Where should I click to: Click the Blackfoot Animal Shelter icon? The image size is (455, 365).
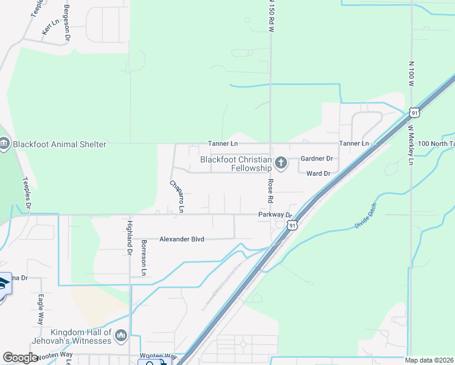click(4, 144)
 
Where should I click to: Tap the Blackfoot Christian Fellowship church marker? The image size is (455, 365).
click(280, 162)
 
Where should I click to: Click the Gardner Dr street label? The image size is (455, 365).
click(317, 158)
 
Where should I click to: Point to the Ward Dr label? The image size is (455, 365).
click(318, 173)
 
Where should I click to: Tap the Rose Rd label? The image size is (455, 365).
click(269, 191)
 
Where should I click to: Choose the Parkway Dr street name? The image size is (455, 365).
click(274, 215)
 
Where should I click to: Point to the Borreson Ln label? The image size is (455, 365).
click(144, 258)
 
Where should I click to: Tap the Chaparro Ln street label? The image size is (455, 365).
click(176, 196)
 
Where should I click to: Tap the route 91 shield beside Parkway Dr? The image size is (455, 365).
click(293, 226)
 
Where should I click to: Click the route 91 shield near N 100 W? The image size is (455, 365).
click(414, 113)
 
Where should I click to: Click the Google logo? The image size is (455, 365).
click(21, 358)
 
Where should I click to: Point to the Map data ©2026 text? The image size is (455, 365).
click(429, 360)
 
